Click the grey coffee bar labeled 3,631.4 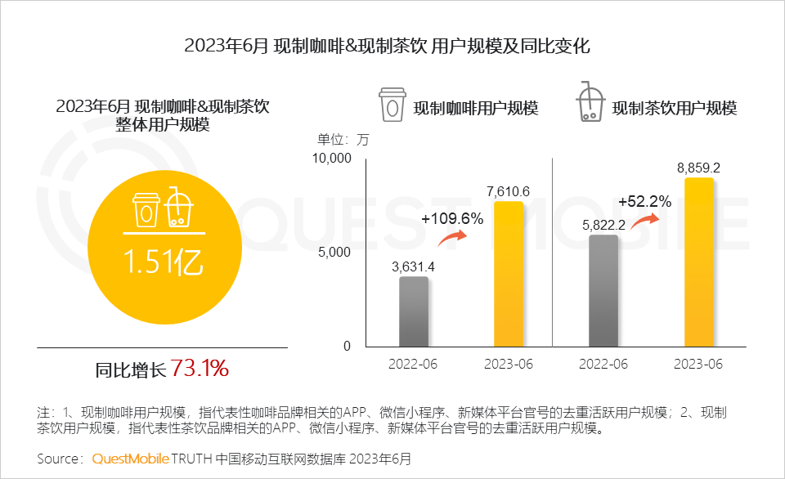coord(414,311)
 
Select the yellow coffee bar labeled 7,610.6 coord(508,273)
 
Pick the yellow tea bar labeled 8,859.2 coord(698,262)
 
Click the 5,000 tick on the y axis coord(334,252)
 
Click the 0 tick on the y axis coord(346,346)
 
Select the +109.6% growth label coord(452,219)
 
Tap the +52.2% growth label coord(644,201)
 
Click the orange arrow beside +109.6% coord(452,238)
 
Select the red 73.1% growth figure coord(200,369)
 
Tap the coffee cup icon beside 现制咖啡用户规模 coord(392,105)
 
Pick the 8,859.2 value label coord(698,168)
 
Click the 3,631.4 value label coord(413,266)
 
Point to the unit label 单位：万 coord(343,139)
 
